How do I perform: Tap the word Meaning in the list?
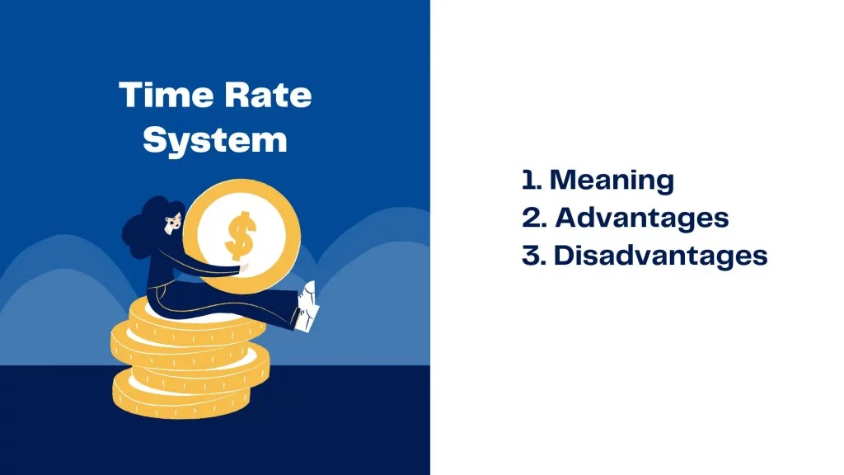[612, 180]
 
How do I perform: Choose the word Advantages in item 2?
[641, 218]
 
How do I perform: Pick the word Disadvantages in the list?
[660, 256]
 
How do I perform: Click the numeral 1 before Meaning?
[528, 180]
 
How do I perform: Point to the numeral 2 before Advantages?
[531, 218]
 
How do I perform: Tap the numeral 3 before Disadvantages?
[531, 256]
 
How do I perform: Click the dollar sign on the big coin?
[241, 235]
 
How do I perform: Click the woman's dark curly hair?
[144, 227]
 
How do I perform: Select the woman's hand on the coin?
[239, 266]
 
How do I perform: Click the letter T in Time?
[129, 96]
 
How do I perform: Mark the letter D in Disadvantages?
[565, 256]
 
